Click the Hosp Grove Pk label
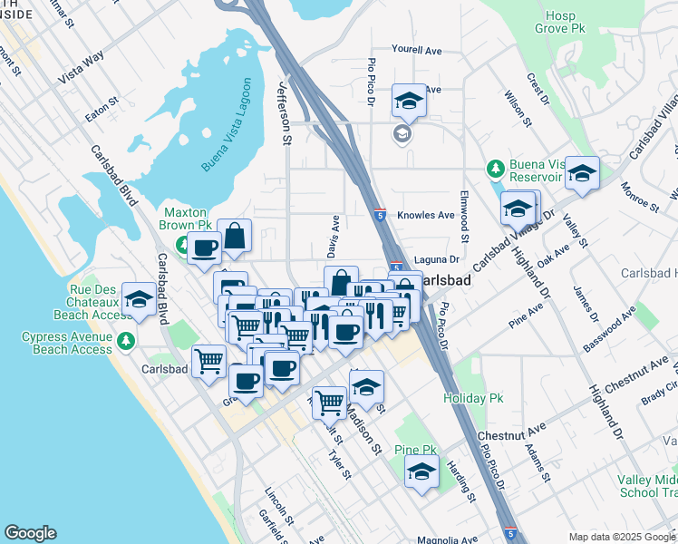click(x=567, y=23)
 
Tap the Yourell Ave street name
click(x=415, y=49)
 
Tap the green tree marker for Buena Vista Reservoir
click(x=495, y=169)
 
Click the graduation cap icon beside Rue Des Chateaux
click(x=139, y=298)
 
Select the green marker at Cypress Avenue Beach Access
click(x=126, y=342)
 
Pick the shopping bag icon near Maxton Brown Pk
click(x=235, y=236)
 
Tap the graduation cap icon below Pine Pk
click(x=421, y=472)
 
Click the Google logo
click(x=30, y=533)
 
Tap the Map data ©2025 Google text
click(x=621, y=537)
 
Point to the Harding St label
click(x=461, y=481)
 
